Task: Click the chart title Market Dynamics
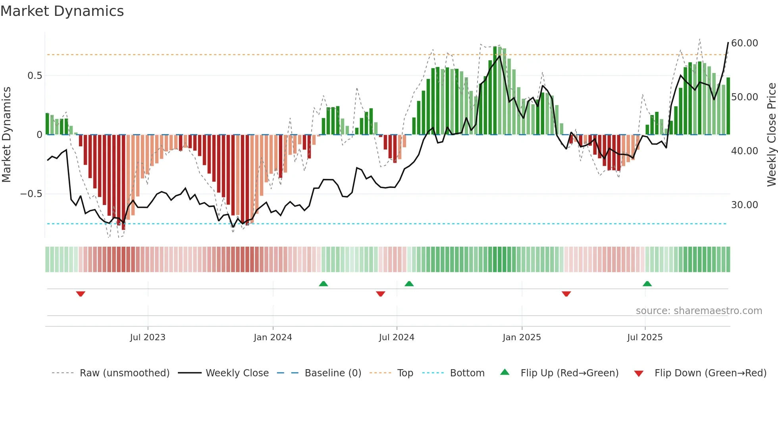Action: pyautogui.click(x=62, y=11)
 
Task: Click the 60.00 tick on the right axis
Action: pyautogui.click(x=744, y=43)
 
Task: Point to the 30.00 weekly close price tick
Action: pyautogui.click(x=744, y=205)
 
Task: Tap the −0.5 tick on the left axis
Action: pyautogui.click(x=31, y=194)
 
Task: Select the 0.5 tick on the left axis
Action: pyautogui.click(x=35, y=76)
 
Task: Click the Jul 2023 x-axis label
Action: pyautogui.click(x=148, y=337)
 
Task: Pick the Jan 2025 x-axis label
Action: pyautogui.click(x=522, y=337)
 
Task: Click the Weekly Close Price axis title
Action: pyautogui.click(x=771, y=134)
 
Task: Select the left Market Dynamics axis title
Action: pyautogui.click(x=6, y=134)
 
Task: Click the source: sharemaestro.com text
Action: pyautogui.click(x=699, y=310)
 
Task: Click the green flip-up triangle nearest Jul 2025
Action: pyautogui.click(x=647, y=284)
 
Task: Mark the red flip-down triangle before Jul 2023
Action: pyautogui.click(x=81, y=294)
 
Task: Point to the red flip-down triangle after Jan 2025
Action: pyautogui.click(x=566, y=294)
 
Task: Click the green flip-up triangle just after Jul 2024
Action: pyautogui.click(x=409, y=284)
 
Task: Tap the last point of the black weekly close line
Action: pyautogui.click(x=728, y=42)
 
